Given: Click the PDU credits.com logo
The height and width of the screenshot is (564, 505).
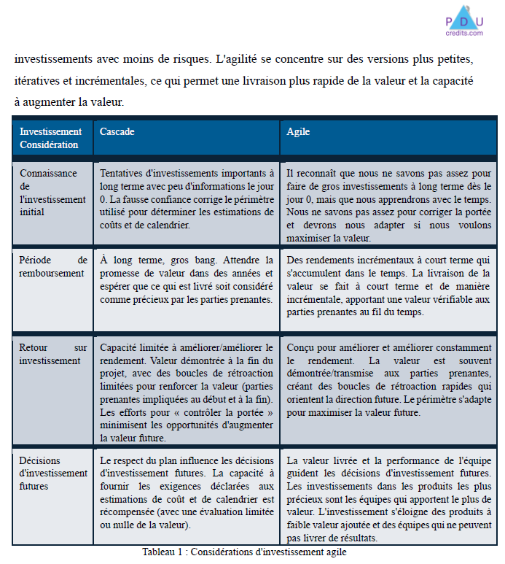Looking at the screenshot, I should pyautogui.click(x=464, y=20).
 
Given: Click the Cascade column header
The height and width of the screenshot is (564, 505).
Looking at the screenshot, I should pyautogui.click(x=117, y=132).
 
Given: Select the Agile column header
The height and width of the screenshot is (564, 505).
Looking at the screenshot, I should pyautogui.click(x=298, y=132).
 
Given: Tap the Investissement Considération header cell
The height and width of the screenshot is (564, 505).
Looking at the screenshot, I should pyautogui.click(x=50, y=138).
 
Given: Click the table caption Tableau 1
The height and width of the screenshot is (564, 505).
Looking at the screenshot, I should pyautogui.click(x=244, y=552).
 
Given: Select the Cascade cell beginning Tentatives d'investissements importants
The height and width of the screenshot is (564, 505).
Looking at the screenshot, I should pyautogui.click(x=187, y=199).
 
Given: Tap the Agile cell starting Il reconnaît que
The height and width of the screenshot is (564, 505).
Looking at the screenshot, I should pyautogui.click(x=389, y=205).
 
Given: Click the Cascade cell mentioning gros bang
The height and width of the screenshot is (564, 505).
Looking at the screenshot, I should pyautogui.click(x=187, y=279).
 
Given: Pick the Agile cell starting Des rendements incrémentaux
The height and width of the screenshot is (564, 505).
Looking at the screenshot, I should pyautogui.click(x=389, y=285).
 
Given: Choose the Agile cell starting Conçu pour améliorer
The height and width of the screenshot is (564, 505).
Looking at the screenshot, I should pyautogui.click(x=389, y=379).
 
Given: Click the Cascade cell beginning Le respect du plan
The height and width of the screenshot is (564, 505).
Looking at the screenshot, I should pyautogui.click(x=187, y=492).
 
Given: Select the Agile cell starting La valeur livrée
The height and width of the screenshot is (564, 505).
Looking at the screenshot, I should pyautogui.click(x=389, y=499).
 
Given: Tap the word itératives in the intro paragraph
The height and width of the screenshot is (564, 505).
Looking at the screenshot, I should pyautogui.click(x=37, y=80).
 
